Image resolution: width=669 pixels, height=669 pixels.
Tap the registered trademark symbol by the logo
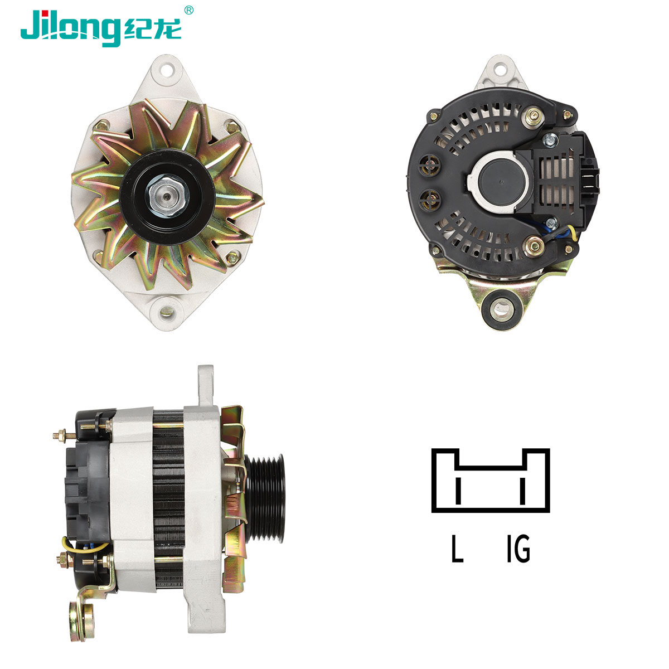188,11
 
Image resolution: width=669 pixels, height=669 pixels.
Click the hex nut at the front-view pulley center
167,197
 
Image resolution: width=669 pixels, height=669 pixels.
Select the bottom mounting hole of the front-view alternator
167,312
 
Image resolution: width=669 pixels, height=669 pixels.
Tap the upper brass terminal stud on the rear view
534,117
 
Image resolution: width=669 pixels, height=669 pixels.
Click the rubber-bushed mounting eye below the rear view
501,309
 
